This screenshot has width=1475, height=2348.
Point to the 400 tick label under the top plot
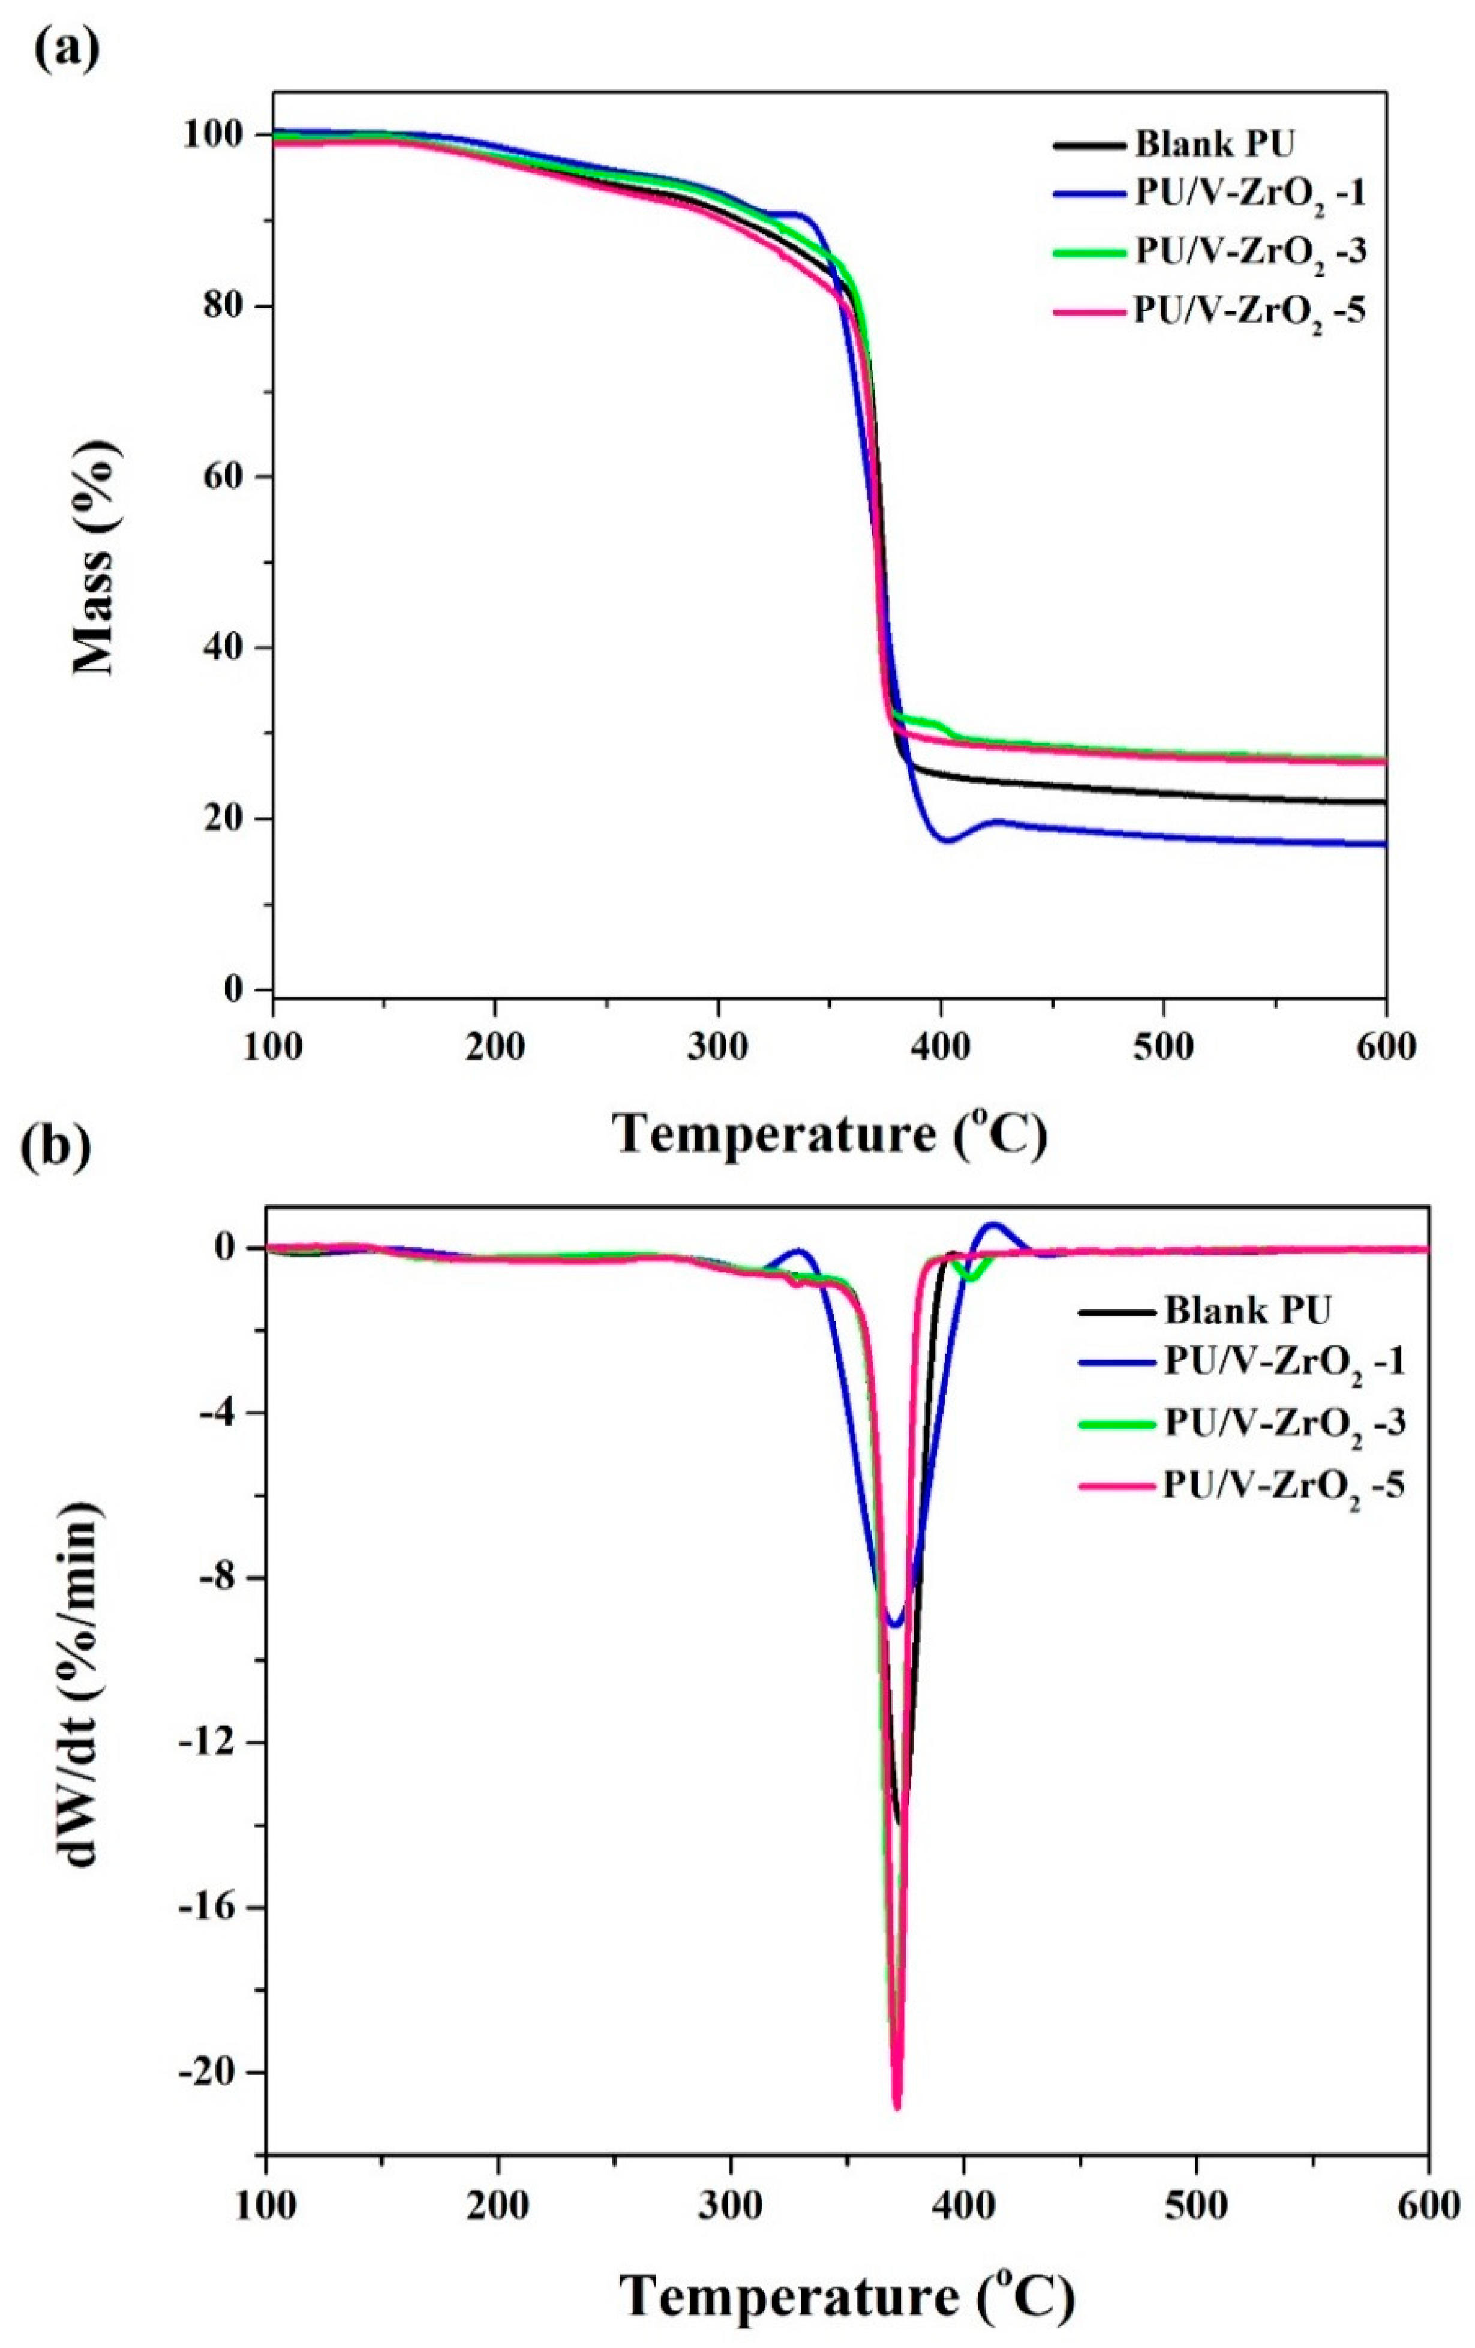coord(940,1046)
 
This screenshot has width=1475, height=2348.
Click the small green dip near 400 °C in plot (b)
coord(968,1276)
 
